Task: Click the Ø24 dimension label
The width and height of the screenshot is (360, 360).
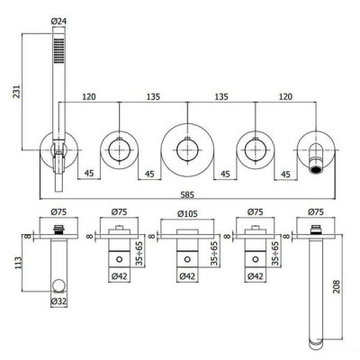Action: [x=58, y=22]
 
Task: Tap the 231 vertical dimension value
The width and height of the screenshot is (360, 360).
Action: [x=16, y=91]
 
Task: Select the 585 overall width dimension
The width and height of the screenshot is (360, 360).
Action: [x=187, y=194]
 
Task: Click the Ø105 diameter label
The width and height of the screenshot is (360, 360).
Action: [x=187, y=214]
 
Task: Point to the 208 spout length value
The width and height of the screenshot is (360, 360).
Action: [x=337, y=286]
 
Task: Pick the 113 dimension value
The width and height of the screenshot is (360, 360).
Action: [x=18, y=263]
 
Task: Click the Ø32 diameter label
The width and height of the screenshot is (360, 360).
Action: [x=58, y=302]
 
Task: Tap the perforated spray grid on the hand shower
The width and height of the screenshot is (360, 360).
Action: [x=58, y=50]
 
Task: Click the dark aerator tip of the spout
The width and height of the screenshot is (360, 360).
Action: [x=316, y=170]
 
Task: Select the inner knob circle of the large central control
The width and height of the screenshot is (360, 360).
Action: [x=187, y=149]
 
